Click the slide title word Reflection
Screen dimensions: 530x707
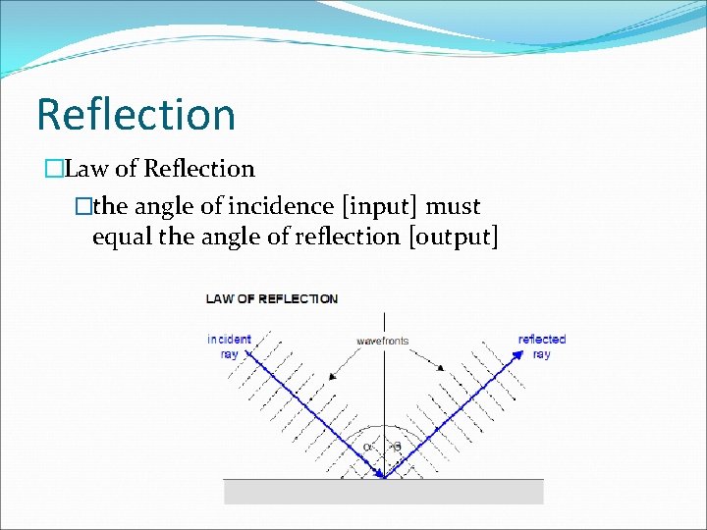point(136,114)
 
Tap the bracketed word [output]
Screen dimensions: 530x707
point(453,237)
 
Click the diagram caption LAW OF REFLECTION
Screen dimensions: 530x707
point(271,298)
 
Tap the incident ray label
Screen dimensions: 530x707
point(229,346)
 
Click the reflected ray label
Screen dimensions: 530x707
point(542,346)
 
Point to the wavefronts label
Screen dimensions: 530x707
point(383,341)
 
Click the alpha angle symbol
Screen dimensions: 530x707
point(367,447)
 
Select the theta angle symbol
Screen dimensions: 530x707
point(397,447)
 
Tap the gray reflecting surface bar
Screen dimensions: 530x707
point(383,491)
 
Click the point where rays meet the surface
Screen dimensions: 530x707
point(384,478)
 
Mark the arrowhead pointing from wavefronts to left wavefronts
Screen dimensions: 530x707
point(333,377)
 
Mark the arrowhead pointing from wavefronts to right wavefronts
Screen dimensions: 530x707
point(441,369)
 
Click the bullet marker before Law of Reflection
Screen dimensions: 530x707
point(53,170)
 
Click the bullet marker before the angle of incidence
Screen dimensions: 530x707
point(83,207)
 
